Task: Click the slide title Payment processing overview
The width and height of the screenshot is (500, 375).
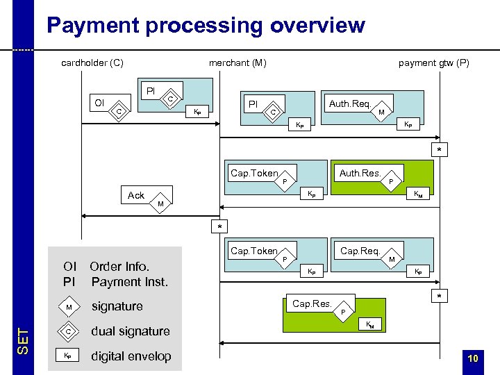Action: pyautogui.click(x=205, y=26)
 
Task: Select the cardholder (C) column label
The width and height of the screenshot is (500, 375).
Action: pyautogui.click(x=92, y=63)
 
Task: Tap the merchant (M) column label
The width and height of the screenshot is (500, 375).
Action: pyautogui.click(x=237, y=63)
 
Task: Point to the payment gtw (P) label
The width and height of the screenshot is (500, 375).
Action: pyautogui.click(x=433, y=63)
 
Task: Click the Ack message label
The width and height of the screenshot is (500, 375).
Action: pyautogui.click(x=136, y=196)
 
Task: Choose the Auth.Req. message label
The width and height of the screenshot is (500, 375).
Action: pyautogui.click(x=349, y=104)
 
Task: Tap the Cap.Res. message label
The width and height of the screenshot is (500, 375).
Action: pyautogui.click(x=312, y=303)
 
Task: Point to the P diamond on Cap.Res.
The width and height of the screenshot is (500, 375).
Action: pyautogui.click(x=342, y=312)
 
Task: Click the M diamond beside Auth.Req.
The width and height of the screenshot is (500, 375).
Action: pyautogui.click(x=381, y=112)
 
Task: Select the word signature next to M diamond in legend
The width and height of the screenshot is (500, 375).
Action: pyautogui.click(x=117, y=306)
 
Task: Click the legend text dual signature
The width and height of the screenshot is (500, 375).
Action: pyautogui.click(x=131, y=331)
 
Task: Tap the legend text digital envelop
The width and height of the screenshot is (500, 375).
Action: pyautogui.click(x=131, y=356)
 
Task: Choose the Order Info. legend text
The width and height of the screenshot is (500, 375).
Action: pyautogui.click(x=119, y=267)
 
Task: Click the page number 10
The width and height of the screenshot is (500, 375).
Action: pyautogui.click(x=472, y=358)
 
